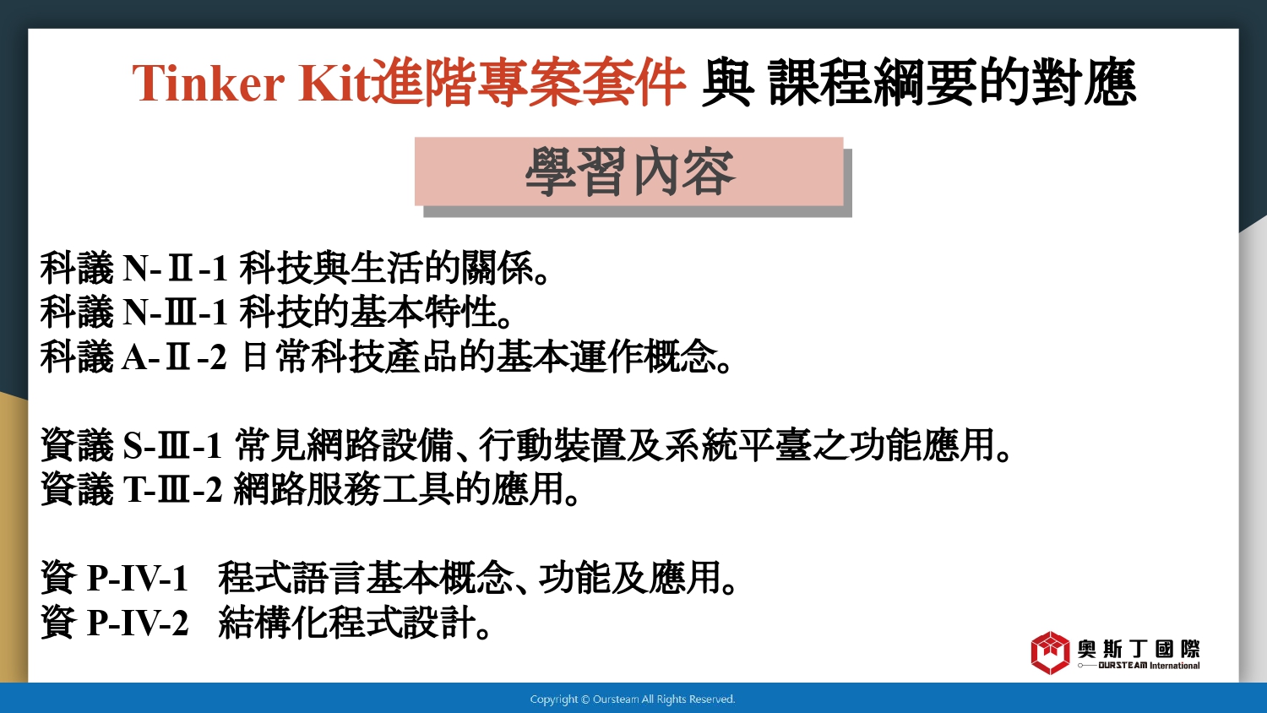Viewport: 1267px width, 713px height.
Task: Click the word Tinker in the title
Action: pyautogui.click(x=208, y=83)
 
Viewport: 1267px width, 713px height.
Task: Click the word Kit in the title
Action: pyautogui.click(x=334, y=83)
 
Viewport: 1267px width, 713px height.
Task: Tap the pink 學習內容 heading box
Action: pyautogui.click(x=629, y=171)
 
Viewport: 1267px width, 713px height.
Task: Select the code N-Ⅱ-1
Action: pyautogui.click(x=175, y=268)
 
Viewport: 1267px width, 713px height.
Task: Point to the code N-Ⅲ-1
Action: pyautogui.click(x=175, y=313)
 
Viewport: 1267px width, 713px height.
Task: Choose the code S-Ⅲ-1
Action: pyautogui.click(x=172, y=445)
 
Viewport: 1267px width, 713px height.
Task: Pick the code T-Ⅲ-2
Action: pyautogui.click(x=172, y=489)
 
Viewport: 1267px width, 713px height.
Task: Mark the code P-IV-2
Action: pyautogui.click(x=138, y=623)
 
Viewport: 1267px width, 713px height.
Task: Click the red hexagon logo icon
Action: pyautogui.click(x=1050, y=653)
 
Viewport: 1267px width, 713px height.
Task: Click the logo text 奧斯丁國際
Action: pyautogui.click(x=1139, y=649)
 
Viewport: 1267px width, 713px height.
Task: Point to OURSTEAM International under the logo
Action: pyautogui.click(x=1149, y=666)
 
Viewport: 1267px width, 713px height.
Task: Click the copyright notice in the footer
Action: pyautogui.click(x=633, y=699)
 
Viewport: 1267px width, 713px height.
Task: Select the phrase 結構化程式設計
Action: pyautogui.click(x=347, y=623)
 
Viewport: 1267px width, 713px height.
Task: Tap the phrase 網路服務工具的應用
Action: pyautogui.click(x=398, y=489)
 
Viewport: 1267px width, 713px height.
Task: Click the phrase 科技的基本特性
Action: pyautogui.click(x=368, y=313)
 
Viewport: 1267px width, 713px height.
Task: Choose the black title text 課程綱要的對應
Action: pyautogui.click(x=952, y=83)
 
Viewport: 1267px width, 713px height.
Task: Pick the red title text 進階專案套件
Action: pyautogui.click(x=528, y=83)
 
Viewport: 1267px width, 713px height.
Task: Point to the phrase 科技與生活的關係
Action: pyautogui.click(x=387, y=268)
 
